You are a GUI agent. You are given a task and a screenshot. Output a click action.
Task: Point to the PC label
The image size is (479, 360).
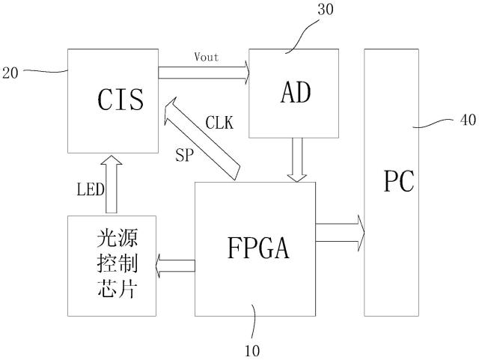[x=397, y=182]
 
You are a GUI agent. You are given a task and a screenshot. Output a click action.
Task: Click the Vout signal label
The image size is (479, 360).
[x=206, y=58]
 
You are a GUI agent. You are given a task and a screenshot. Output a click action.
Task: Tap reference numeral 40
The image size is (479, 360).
[x=465, y=118]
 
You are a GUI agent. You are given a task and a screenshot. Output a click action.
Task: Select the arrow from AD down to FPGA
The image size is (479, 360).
[x=297, y=160]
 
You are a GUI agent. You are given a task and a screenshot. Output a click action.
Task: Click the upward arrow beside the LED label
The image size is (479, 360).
[x=112, y=183]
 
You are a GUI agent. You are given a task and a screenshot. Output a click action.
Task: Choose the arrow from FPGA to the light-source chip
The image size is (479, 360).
[x=175, y=264]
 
